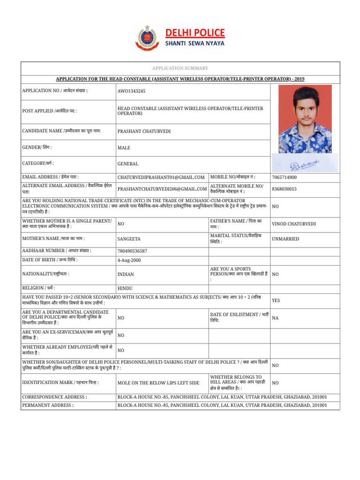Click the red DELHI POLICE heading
click(195, 32)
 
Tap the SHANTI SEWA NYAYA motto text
click(195, 44)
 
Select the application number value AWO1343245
click(131, 91)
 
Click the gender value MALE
click(124, 148)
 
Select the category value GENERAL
click(128, 164)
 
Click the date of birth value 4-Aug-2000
click(129, 260)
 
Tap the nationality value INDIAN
click(126, 274)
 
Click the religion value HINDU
click(125, 288)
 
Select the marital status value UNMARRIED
click(285, 239)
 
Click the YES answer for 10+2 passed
click(276, 300)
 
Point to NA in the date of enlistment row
click(275, 318)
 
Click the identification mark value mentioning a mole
click(158, 383)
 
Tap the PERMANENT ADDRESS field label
click(48, 405)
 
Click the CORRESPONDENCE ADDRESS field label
click(54, 397)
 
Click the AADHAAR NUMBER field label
click(57, 251)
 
